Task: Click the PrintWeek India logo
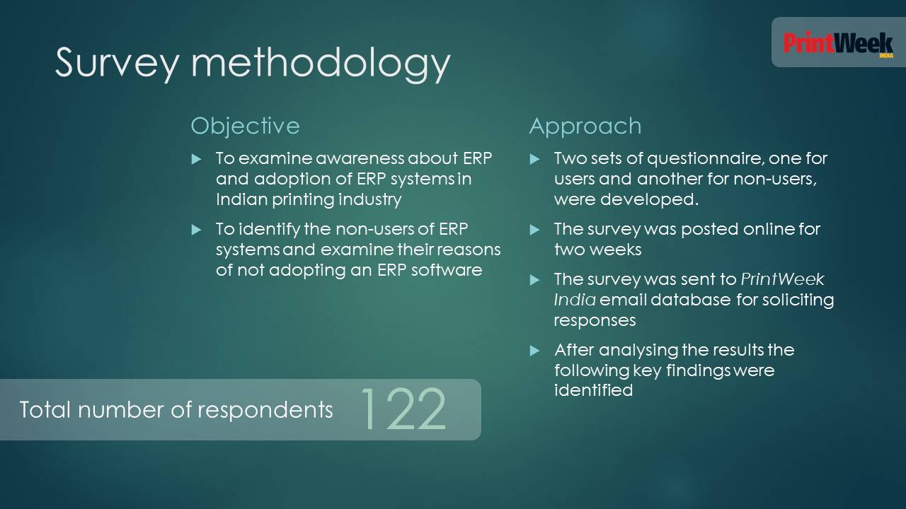pos(838,44)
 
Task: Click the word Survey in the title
pos(117,63)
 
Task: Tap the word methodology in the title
pos(321,63)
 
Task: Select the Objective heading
pos(245,126)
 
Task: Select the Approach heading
pos(585,127)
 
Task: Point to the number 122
pos(403,409)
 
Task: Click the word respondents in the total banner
pos(265,411)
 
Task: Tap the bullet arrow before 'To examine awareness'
pos(196,159)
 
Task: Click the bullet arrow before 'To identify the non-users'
pos(196,230)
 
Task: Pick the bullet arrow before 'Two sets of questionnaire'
pos(534,159)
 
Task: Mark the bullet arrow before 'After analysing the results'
pos(534,350)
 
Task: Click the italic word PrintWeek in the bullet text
pos(782,279)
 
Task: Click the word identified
pos(594,390)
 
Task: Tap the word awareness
pos(360,158)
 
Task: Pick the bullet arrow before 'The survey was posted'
pos(534,230)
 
